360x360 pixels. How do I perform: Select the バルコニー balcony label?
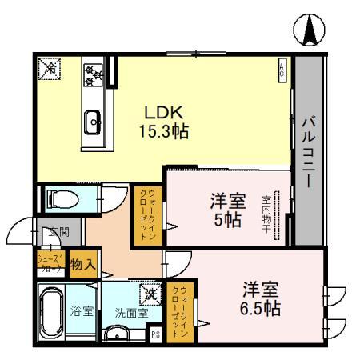click(x=309, y=152)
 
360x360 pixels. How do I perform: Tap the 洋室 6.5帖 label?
click(x=261, y=297)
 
